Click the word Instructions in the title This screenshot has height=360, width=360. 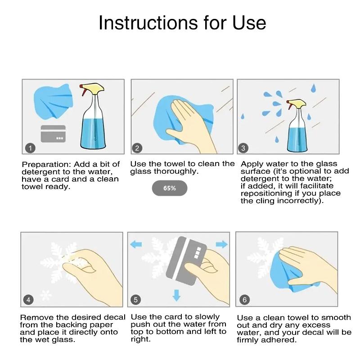click(x=148, y=23)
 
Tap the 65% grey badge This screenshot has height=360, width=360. click(x=170, y=188)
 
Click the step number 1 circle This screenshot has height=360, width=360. click(x=30, y=148)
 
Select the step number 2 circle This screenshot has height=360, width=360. click(x=137, y=148)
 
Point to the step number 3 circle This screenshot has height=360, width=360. click(x=243, y=148)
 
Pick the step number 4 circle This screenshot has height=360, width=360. click(x=28, y=300)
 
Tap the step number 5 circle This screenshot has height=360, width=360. click(x=135, y=300)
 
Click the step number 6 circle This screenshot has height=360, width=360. click(x=244, y=300)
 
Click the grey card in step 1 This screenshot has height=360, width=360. click(x=53, y=134)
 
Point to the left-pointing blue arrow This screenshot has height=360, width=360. click(x=136, y=245)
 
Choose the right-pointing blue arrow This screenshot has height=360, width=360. click(x=221, y=244)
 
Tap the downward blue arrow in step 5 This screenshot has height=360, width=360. click(x=176, y=295)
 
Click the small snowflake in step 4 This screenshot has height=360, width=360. click(x=46, y=295)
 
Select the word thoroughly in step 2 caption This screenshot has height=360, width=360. click(x=176, y=171)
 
